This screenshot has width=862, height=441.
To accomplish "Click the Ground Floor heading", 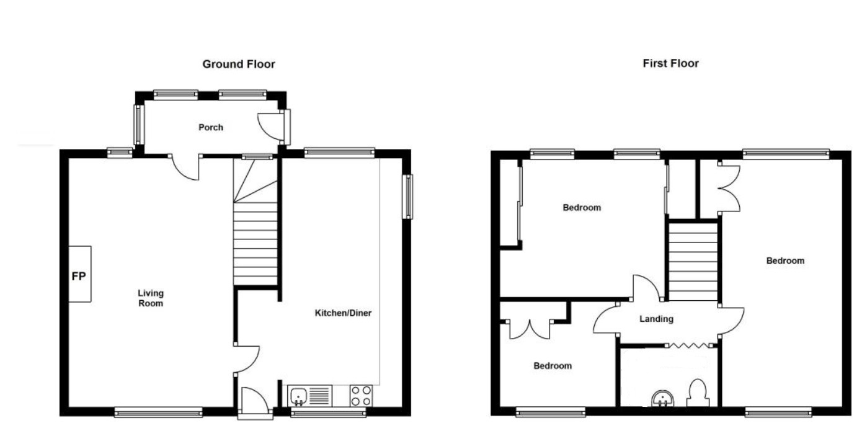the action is pos(239,64).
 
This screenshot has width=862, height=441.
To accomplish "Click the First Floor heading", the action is pos(671,63).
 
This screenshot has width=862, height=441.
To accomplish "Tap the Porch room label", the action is pos(211,127).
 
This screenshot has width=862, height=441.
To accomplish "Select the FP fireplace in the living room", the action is pos(79,274).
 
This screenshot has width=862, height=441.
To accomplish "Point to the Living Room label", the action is pos(151,298).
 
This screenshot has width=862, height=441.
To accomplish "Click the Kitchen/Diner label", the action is pos(344,313).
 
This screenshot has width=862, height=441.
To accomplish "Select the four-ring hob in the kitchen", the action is pos(361,396).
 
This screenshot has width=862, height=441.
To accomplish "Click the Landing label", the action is pos(657,319).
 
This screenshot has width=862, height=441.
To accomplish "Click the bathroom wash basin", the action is pos(663,399).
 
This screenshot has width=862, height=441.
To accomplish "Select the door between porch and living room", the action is pos(185,168).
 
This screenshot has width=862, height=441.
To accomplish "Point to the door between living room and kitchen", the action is pos(247,359).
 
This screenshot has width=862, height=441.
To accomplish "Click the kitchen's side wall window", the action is pos(407,197).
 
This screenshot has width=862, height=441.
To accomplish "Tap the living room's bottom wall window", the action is pos(159,412).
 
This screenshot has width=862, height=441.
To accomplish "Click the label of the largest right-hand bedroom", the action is pos(786,261).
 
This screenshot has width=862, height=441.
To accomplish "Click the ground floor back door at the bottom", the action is pos(254,401).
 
